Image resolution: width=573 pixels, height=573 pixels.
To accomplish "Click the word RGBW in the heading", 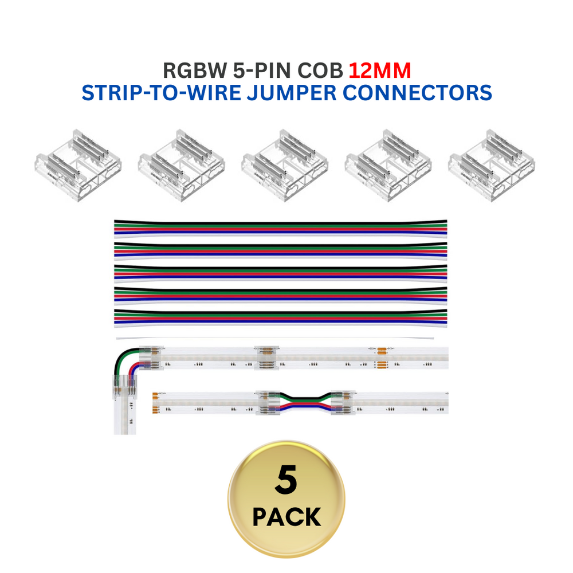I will [x=194, y=70].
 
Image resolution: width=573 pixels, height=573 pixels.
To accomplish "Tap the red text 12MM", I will [x=380, y=70].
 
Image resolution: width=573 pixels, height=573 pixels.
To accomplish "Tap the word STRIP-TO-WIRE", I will [x=162, y=93].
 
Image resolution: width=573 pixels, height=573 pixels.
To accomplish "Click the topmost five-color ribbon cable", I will [x=281, y=227].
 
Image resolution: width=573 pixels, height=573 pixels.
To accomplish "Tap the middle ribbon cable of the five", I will [x=281, y=273].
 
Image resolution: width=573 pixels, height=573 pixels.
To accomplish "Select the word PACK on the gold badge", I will [x=286, y=517].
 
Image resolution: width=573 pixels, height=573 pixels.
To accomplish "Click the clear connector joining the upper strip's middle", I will [x=268, y=358].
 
